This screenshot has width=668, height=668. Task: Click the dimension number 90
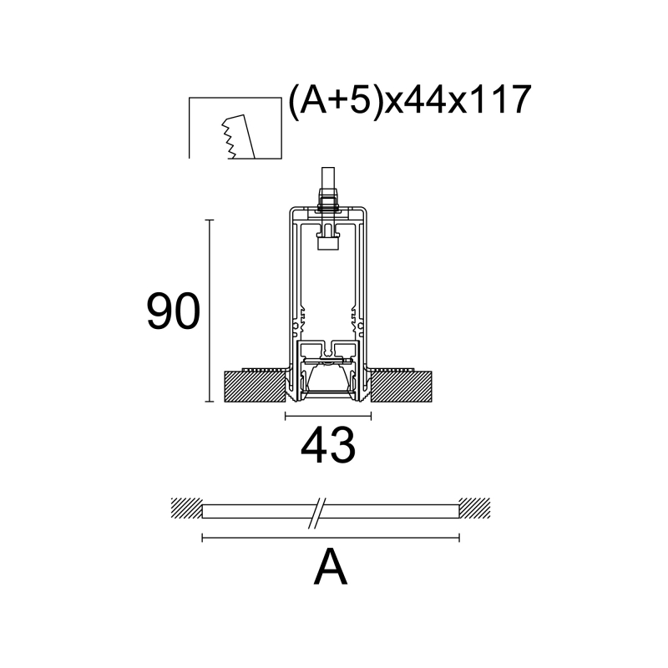tap(173, 311)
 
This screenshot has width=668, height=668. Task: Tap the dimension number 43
tap(328, 446)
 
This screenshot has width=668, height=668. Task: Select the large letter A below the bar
tap(331, 567)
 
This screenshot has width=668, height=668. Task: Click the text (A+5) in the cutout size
tap(336, 100)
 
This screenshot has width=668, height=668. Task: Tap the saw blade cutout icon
tap(235, 128)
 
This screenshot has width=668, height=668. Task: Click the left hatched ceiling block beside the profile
tap(255, 386)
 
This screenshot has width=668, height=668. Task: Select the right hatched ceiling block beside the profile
tap(401, 386)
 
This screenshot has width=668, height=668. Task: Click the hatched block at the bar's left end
tap(186, 508)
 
